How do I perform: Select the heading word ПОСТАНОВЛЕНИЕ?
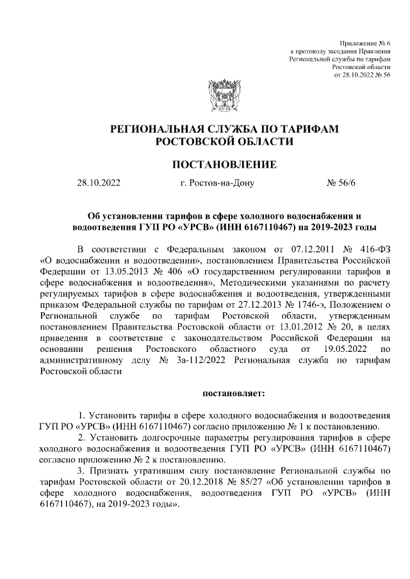pos(225,165)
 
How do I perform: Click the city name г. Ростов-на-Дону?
pos(217,184)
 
